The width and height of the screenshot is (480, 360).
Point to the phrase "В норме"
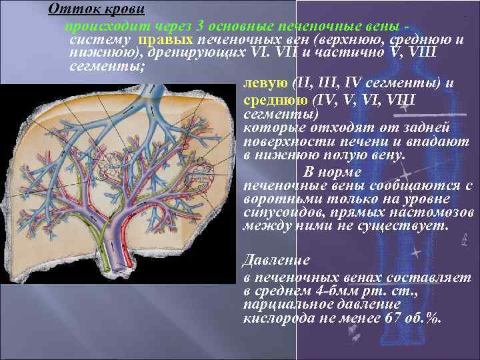331,169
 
